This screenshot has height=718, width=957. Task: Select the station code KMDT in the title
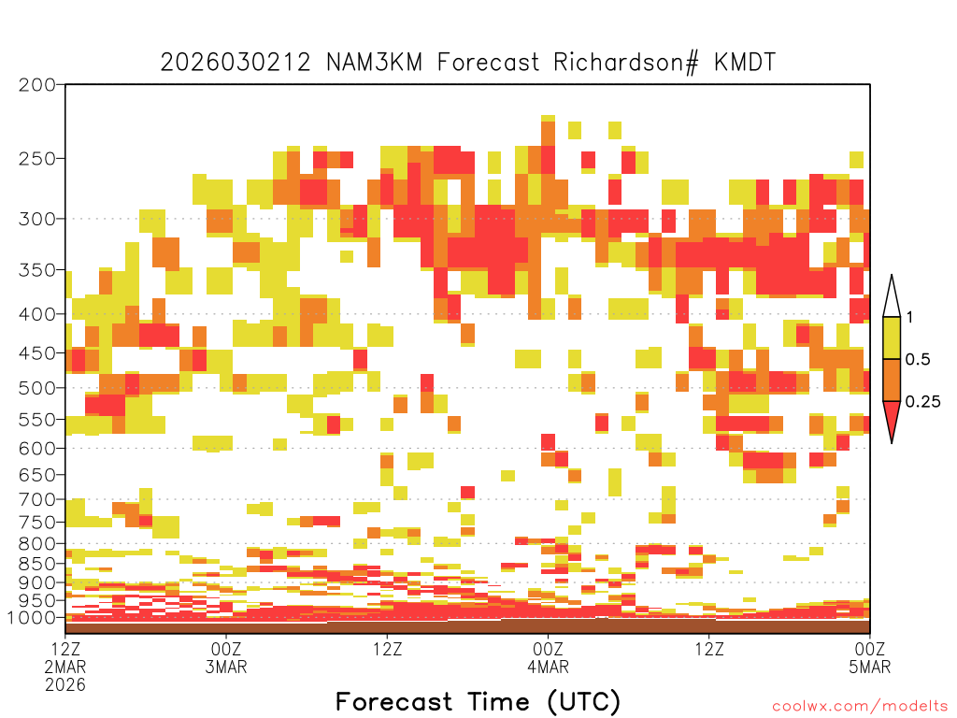745,62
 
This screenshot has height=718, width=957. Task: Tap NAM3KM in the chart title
374,62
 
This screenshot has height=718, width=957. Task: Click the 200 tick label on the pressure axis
37,85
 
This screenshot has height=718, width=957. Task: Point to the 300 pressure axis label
37,219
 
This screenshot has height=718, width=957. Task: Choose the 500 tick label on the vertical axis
37,388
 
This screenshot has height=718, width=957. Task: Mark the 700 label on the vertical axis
37,499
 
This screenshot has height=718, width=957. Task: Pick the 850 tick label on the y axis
37,564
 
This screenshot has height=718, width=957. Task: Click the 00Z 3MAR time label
226,657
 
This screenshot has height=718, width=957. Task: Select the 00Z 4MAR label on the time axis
548,657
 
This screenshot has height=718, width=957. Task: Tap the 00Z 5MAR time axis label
870,657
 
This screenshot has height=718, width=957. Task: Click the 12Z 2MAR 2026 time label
65,667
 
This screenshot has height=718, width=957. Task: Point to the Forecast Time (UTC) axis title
478,702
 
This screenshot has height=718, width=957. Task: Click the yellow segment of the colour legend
892,337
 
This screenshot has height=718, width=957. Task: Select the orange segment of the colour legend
892,380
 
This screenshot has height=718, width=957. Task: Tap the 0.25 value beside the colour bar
922,402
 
